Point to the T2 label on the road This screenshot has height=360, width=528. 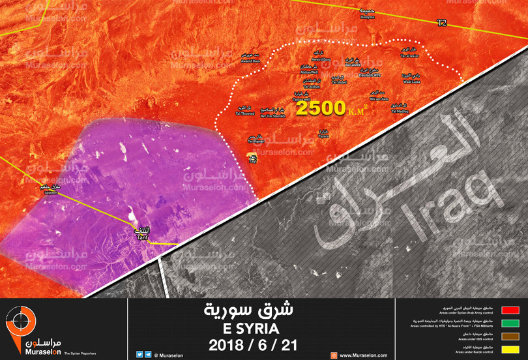[x=442, y=23]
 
